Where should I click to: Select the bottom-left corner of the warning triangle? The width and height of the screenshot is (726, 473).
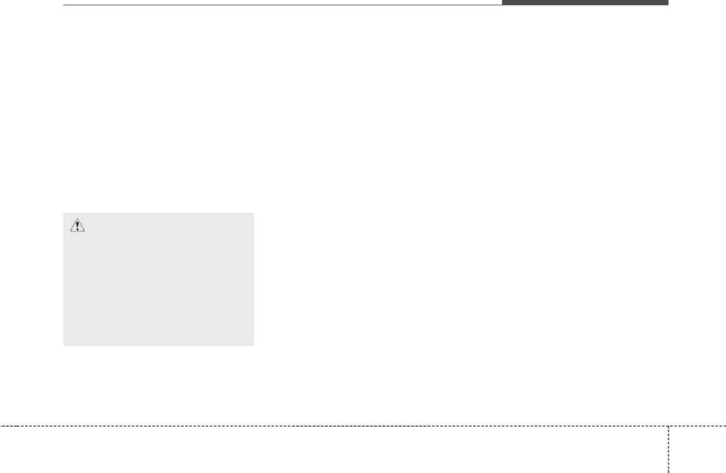(71, 232)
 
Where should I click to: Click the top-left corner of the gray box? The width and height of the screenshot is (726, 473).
(63, 213)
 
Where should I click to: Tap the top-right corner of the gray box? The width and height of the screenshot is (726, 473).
(254, 213)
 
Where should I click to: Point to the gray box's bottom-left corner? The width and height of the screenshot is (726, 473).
(63, 345)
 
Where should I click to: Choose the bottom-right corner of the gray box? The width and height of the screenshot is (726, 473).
(254, 345)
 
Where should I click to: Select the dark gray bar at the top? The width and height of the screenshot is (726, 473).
(585, 2)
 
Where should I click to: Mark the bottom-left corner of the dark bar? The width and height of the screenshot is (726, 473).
(502, 5)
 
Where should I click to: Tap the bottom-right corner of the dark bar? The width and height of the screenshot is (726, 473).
(668, 5)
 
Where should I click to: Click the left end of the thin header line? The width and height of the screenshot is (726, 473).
(63, 5)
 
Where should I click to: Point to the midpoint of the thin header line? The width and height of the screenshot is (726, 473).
(283, 5)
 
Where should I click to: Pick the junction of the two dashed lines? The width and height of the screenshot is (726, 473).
(668, 426)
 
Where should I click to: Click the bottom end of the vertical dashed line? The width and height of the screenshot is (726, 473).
(668, 472)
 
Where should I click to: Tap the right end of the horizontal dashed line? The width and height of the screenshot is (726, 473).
(725, 426)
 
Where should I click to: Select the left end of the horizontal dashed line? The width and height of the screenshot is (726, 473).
(0, 426)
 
